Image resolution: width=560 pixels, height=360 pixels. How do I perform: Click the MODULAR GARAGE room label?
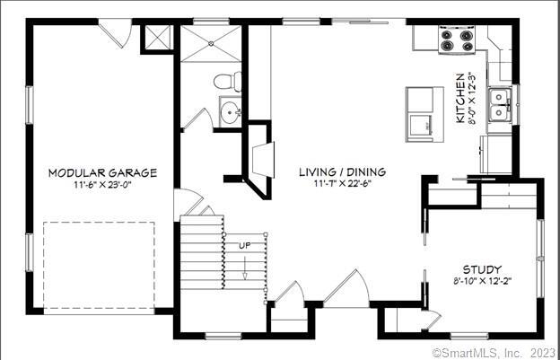pos(102,172)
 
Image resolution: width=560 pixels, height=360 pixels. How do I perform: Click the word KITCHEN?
pos(460,99)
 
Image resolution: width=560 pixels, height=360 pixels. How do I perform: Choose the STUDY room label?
pos(482,268)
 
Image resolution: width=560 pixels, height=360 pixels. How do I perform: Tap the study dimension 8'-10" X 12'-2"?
pos(482,281)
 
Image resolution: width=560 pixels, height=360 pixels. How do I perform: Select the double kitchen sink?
pos(501,104)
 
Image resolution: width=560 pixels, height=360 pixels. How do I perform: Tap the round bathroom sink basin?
pos(231,113)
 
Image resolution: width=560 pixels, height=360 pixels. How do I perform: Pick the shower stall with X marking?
pos(214,42)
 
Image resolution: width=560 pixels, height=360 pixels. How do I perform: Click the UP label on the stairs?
pos(244,245)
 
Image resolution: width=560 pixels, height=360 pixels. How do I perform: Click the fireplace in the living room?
pos(258,162)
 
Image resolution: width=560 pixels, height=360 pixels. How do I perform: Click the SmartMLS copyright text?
pos(494,352)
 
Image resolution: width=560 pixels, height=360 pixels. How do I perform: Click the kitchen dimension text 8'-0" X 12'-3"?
pos(473,99)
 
